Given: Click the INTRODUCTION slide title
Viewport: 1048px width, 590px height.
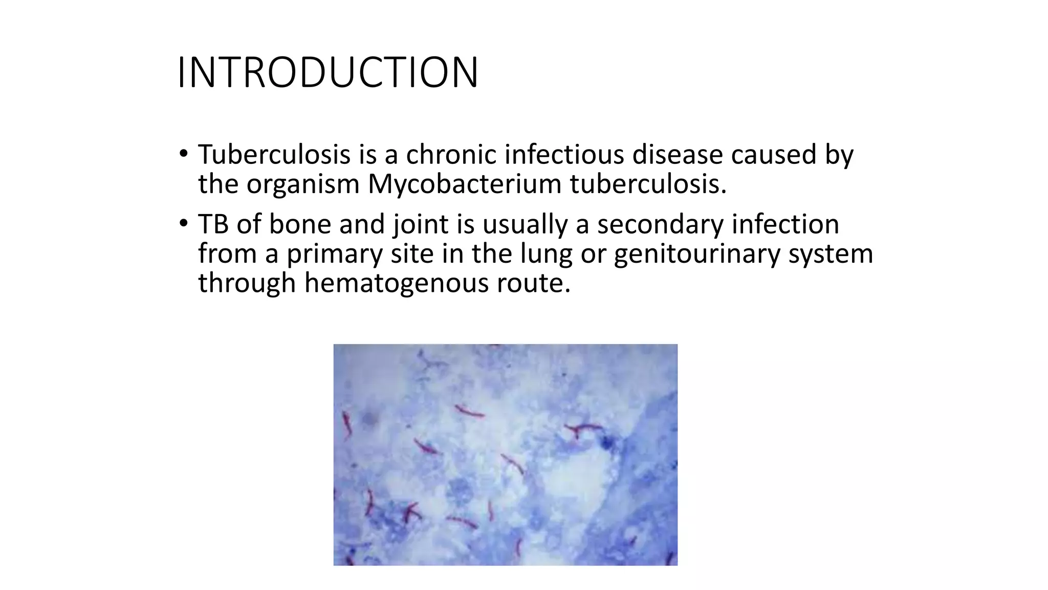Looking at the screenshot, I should [327, 73].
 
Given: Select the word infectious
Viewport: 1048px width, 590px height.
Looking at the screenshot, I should [564, 154].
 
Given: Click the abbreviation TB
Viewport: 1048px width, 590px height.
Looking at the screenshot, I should [213, 224].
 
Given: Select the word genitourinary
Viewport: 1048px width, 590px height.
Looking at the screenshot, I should [696, 255].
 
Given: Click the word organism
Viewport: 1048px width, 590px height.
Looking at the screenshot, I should [303, 184].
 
